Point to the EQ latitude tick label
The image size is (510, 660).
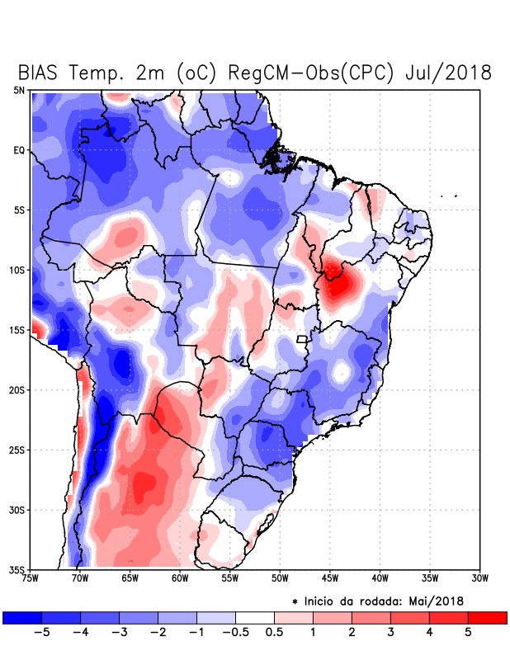tap(18, 150)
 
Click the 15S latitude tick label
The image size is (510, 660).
tap(17, 330)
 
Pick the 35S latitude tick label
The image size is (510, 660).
tap(17, 569)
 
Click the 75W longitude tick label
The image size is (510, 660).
tap(31, 577)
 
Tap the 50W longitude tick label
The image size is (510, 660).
tap(279, 577)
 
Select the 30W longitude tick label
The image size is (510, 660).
tap(479, 577)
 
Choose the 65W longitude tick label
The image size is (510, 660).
tap(130, 577)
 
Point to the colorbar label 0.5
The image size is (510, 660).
tap(274, 632)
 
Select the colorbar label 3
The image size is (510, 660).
tap(390, 632)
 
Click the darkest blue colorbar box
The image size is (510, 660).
tap(22, 617)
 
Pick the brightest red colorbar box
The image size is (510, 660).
tap(487, 617)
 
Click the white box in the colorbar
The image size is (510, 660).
tap(255, 617)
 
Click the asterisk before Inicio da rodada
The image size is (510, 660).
tap(295, 601)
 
